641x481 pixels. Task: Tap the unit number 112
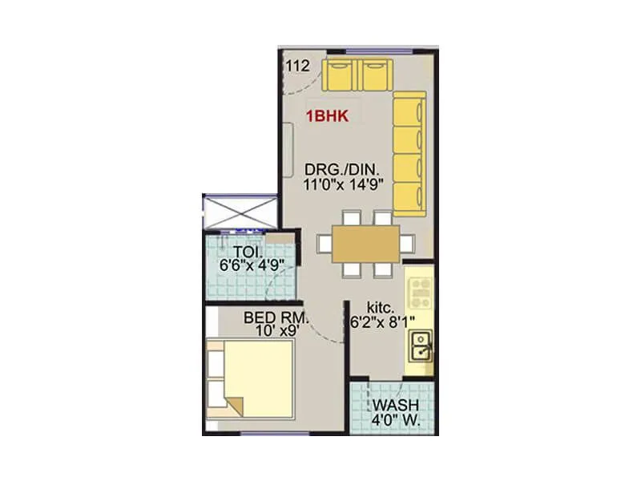click(297, 66)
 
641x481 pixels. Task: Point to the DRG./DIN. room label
click(345, 169)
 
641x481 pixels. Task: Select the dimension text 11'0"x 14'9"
click(345, 183)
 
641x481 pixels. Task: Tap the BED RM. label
click(275, 317)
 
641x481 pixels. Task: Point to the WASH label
click(393, 403)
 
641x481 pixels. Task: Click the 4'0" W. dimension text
click(393, 418)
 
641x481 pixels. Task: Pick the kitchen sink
click(421, 346)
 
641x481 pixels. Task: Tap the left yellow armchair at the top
click(337, 75)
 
